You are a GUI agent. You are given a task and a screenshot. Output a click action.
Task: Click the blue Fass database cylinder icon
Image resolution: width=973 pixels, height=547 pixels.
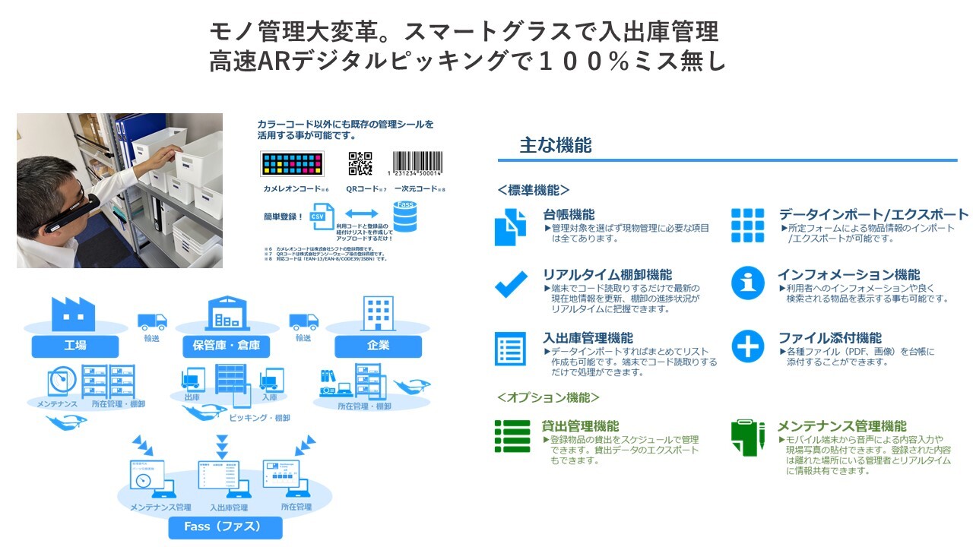pyautogui.click(x=405, y=216)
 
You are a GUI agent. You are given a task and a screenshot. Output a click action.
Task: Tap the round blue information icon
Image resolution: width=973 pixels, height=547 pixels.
pyautogui.click(x=747, y=283)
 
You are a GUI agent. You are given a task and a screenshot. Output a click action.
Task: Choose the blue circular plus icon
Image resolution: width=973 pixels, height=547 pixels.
pyautogui.click(x=747, y=347)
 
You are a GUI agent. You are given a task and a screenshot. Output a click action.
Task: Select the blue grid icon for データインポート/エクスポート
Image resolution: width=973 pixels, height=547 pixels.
pyautogui.click(x=747, y=224)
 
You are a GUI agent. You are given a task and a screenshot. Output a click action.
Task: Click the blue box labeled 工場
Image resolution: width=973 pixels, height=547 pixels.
pyautogui.click(x=75, y=346)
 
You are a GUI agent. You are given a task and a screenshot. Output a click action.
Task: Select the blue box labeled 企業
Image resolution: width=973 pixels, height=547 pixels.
pyautogui.click(x=378, y=346)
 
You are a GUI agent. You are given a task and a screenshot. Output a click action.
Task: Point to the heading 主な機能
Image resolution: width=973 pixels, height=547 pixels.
pyautogui.click(x=555, y=146)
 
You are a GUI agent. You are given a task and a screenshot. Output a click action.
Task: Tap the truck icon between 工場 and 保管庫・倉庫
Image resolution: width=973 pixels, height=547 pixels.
pyautogui.click(x=152, y=321)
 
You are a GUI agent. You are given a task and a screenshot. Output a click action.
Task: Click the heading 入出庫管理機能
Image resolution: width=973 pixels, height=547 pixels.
pyautogui.click(x=588, y=338)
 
